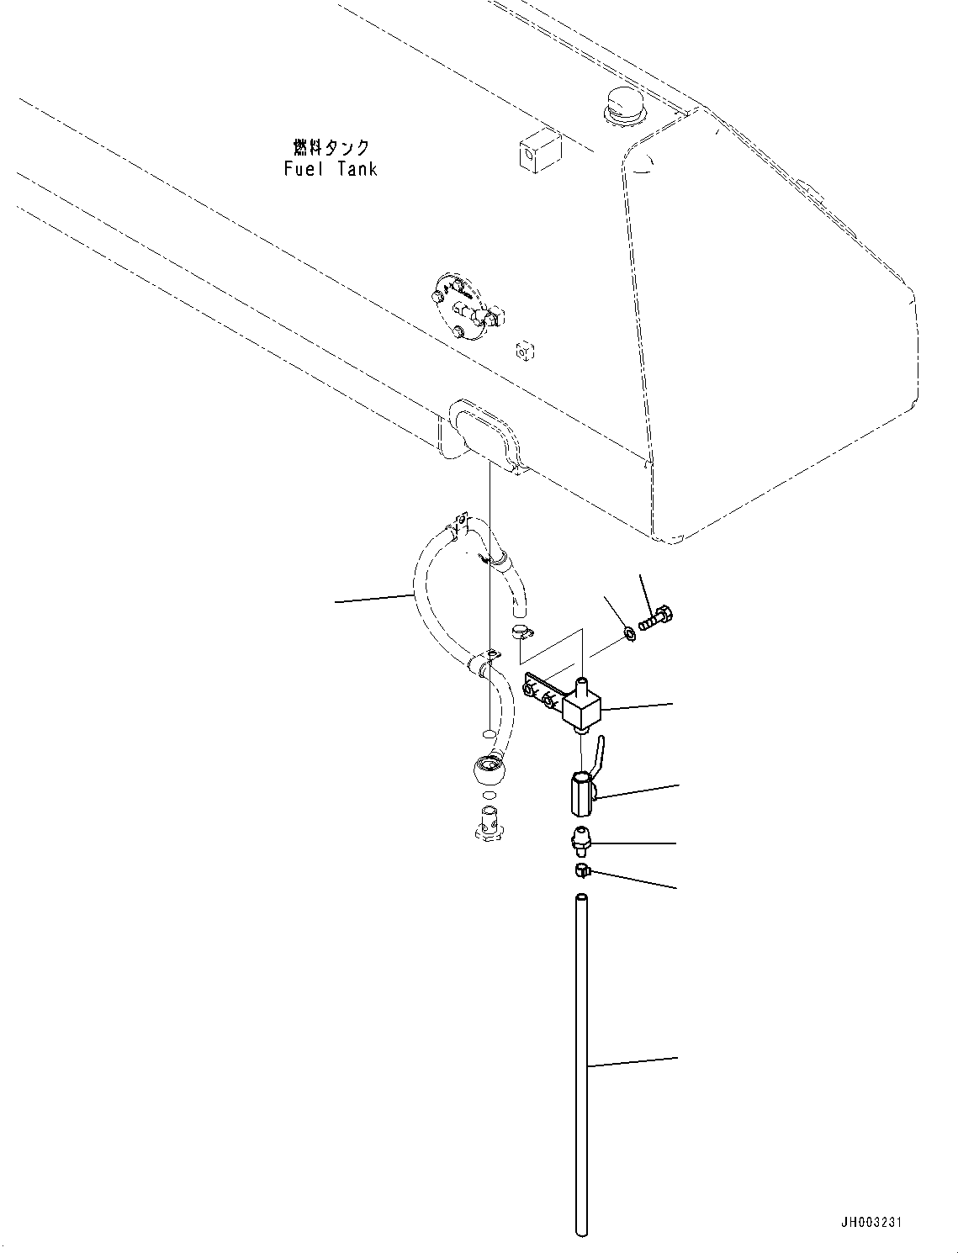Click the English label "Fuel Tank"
[331, 169]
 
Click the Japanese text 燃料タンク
[331, 148]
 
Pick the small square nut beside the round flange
[525, 350]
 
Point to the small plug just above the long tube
[581, 870]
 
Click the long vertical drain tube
[581, 1068]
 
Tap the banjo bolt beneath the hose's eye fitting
[488, 820]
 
